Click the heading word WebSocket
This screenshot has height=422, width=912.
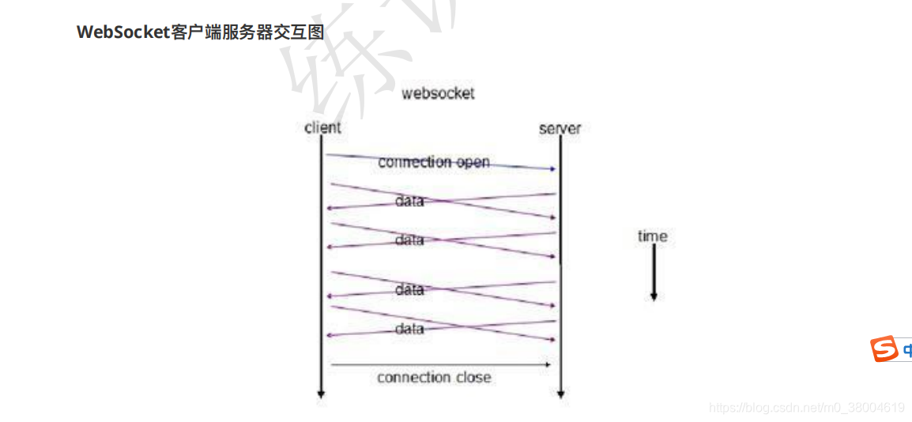[123, 32]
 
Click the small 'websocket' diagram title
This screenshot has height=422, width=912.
[438, 93]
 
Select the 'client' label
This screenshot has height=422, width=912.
[322, 127]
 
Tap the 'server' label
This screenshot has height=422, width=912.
[560, 128]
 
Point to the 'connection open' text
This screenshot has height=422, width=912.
[434, 162]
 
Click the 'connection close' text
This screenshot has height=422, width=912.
[434, 377]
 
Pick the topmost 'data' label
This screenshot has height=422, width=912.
[409, 201]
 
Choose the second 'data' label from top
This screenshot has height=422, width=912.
[409, 239]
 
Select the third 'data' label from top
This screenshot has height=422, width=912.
[409, 290]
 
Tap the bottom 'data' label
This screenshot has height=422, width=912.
[409, 328]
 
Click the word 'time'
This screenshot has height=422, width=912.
[652, 235]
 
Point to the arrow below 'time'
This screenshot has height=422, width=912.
[654, 273]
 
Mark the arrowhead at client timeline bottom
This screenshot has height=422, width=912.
[321, 393]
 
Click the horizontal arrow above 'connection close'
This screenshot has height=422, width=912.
[439, 364]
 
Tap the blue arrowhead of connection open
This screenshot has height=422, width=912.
[552, 168]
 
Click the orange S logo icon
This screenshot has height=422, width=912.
[884, 349]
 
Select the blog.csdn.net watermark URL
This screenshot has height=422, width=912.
[806, 408]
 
